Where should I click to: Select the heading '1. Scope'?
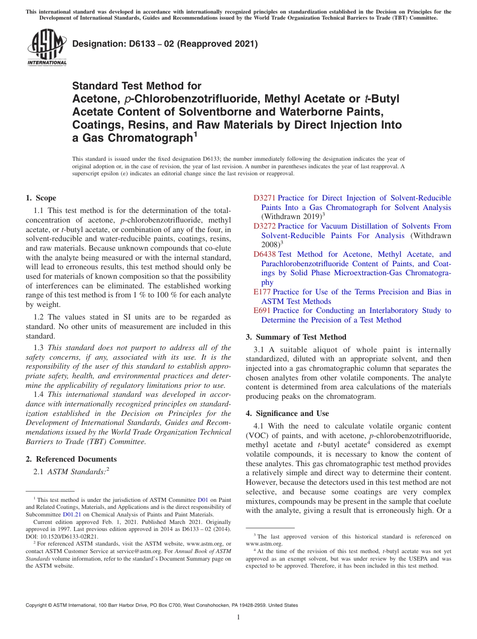click(41, 198)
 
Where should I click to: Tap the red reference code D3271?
click(265, 198)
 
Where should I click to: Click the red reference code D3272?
click(265, 226)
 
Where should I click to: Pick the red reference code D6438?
click(265, 254)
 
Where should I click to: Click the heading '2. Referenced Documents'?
click(71, 459)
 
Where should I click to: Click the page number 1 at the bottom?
click(238, 617)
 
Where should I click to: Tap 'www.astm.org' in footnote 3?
click(264, 544)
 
